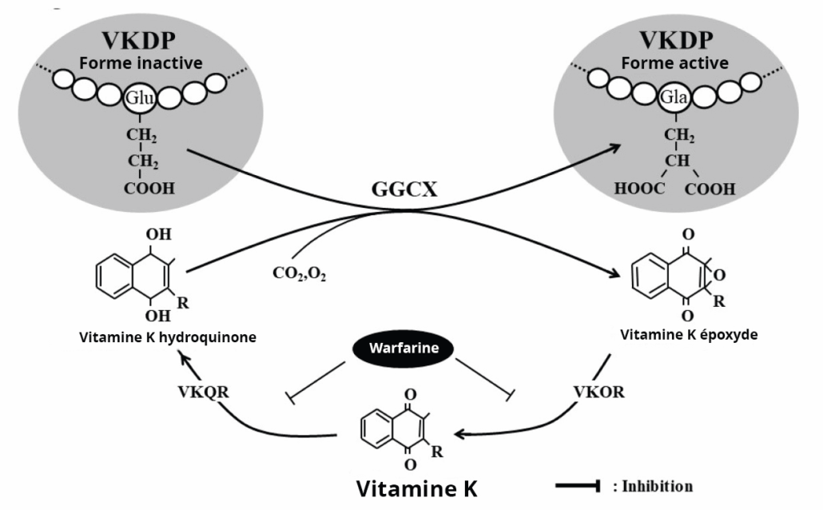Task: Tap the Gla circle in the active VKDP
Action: click(x=673, y=99)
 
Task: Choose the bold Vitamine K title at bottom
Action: click(x=415, y=487)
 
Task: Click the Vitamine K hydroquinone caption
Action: click(x=168, y=337)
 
